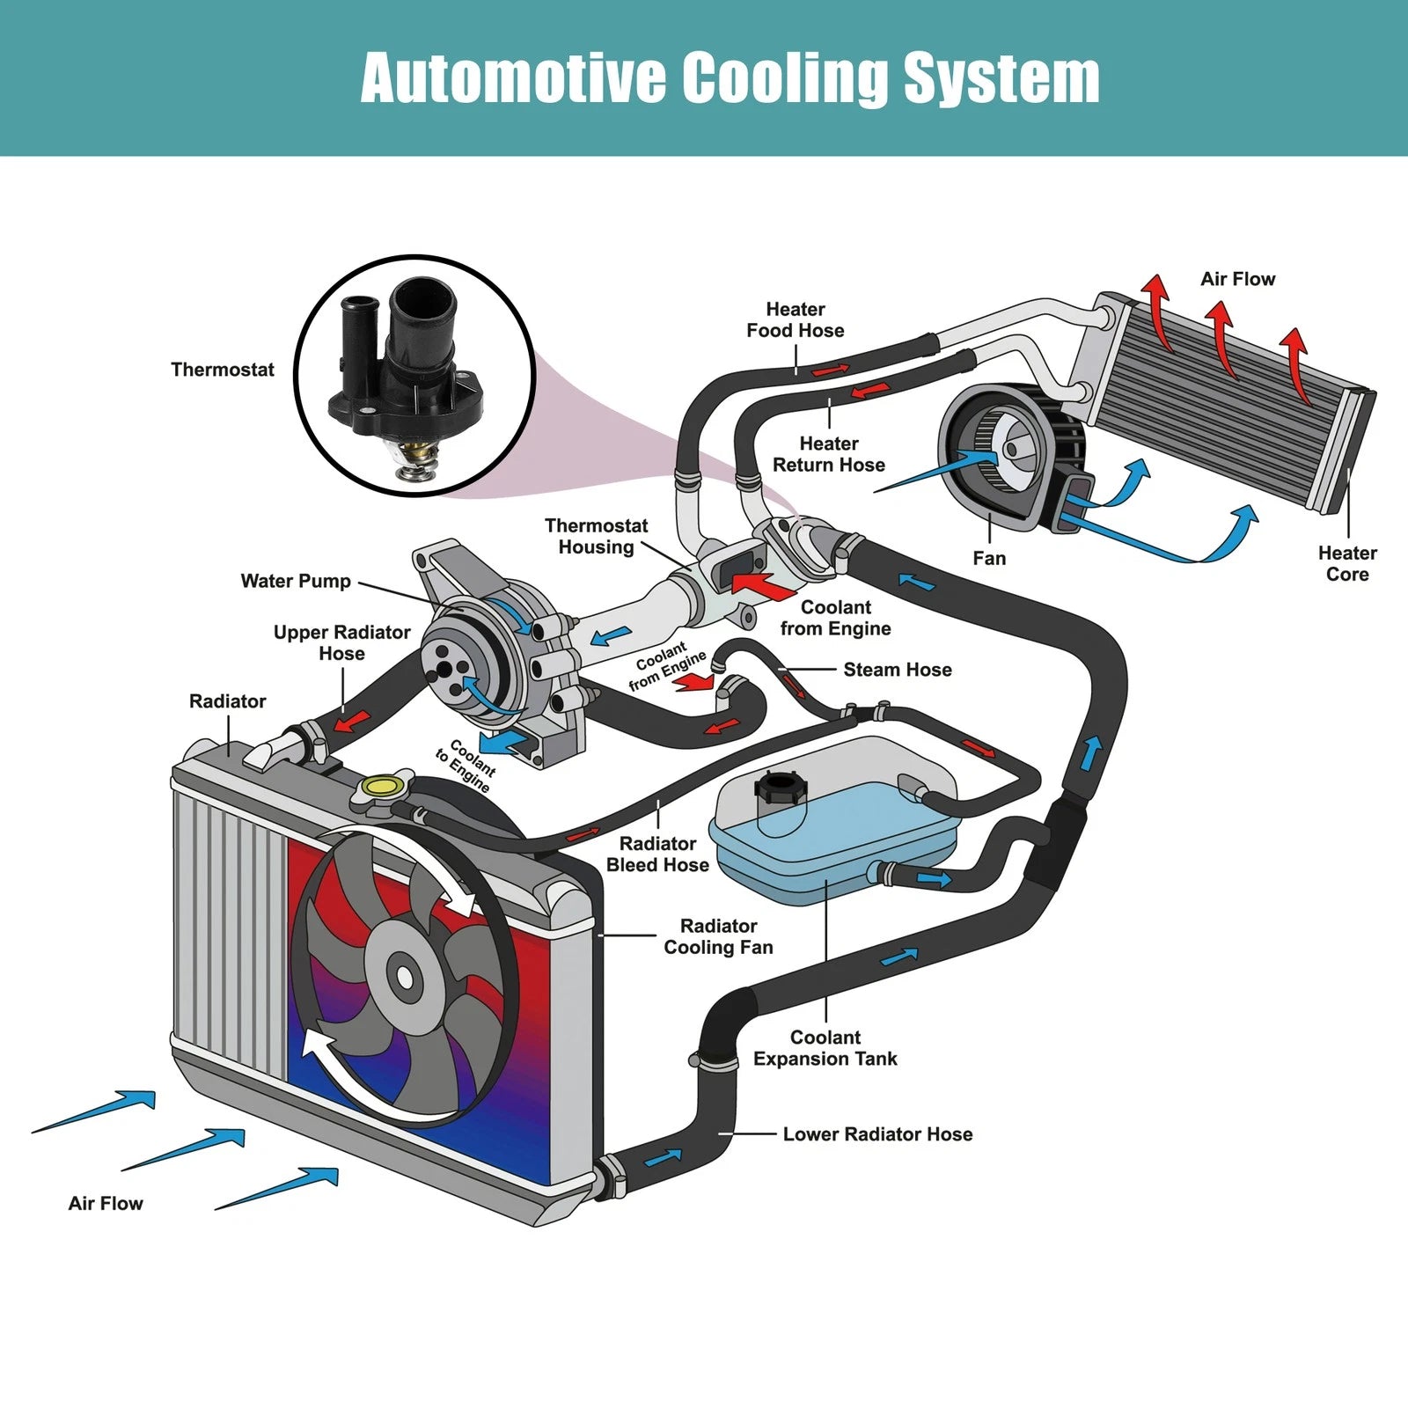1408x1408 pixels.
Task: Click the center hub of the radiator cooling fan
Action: [x=405, y=976]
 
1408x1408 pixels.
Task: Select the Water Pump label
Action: [x=296, y=581]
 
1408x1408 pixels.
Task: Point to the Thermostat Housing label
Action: [x=596, y=536]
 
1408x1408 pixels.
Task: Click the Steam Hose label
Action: [x=898, y=670]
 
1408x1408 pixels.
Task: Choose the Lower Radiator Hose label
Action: [x=877, y=1134]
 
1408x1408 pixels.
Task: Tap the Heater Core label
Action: [x=1347, y=563]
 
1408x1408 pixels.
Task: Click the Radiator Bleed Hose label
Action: [x=657, y=854]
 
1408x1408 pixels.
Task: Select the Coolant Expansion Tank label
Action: [x=825, y=1048]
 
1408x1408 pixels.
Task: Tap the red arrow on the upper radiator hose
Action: [x=351, y=721]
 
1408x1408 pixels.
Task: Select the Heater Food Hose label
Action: [x=795, y=319]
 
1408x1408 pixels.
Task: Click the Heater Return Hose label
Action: [x=828, y=454]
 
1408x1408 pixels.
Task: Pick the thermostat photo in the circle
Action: [x=414, y=374]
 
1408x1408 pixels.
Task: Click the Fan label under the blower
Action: [x=989, y=558]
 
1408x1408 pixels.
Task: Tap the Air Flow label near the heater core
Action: [x=1237, y=279]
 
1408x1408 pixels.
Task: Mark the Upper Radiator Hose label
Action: [x=341, y=642]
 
